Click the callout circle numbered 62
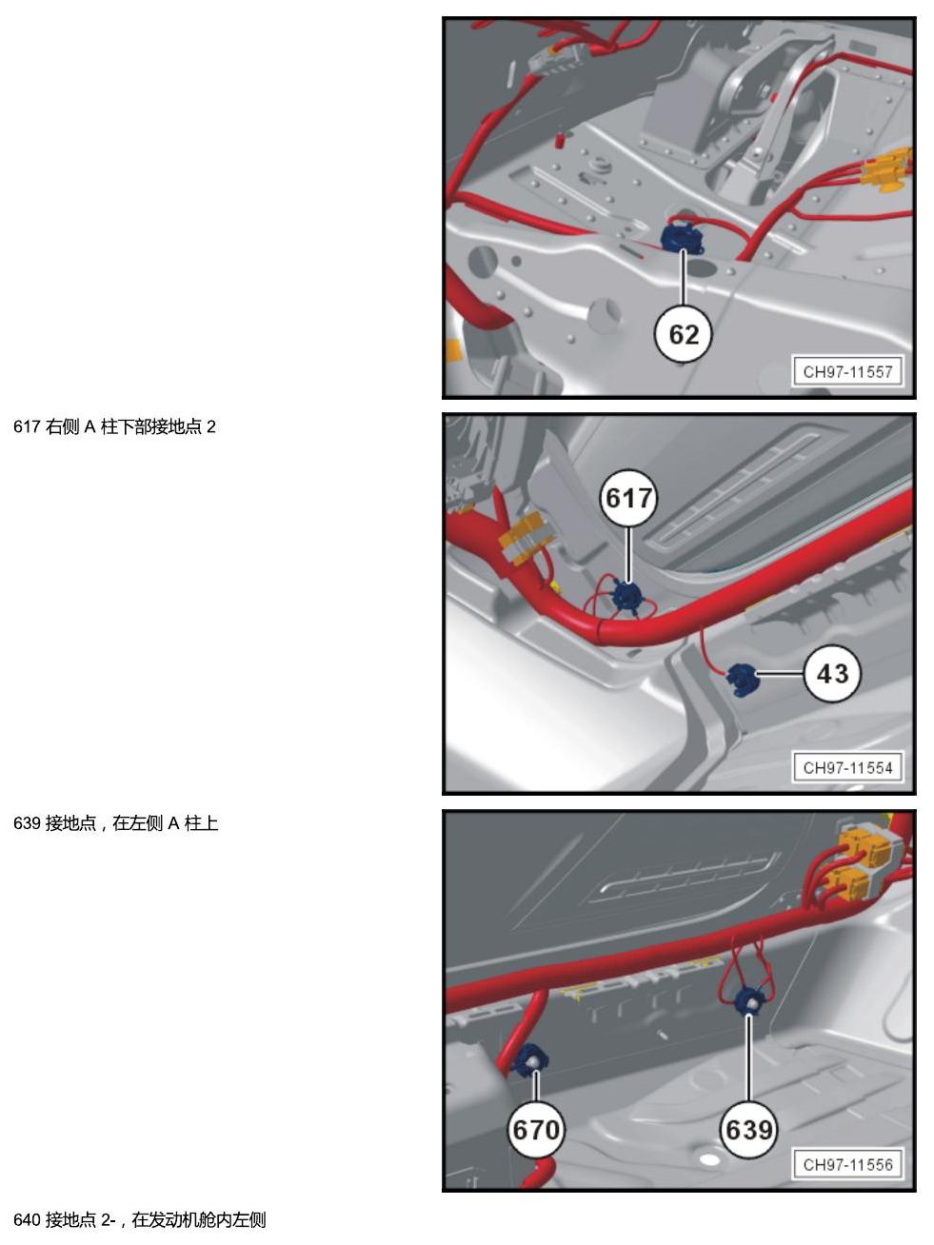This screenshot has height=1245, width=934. coord(684,334)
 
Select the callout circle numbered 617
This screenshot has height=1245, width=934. coord(628,498)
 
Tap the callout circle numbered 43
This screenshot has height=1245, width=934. coord(832,673)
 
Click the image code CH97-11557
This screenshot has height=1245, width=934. coord(847,372)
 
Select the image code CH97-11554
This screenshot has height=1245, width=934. coord(847,768)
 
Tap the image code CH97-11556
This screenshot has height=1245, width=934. coord(847,1164)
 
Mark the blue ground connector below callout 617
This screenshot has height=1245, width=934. coord(627,597)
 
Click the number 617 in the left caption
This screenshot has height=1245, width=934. coord(27,426)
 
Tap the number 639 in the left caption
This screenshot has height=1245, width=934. coord(27,823)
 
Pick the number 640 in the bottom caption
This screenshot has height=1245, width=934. coord(27,1219)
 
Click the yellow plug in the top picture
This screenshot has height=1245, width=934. coord(887,168)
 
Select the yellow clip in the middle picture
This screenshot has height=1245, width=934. coord(524,539)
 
